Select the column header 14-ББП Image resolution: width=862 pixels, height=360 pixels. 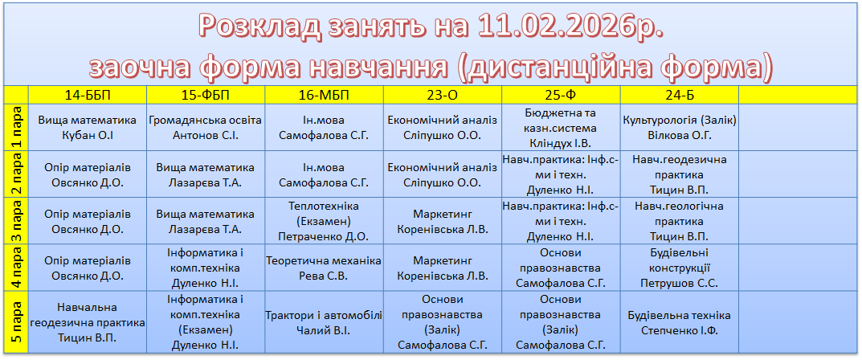[88, 95]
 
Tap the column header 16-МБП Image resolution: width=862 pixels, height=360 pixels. [324, 95]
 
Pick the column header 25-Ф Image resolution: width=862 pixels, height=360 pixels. [561, 95]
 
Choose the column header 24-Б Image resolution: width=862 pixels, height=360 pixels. [680, 95]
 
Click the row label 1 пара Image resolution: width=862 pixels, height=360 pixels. [17, 127]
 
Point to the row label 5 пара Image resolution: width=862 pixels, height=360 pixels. [17, 322]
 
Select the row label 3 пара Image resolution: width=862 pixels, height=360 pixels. [17, 221]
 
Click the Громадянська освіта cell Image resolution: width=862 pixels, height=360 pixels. [206, 127]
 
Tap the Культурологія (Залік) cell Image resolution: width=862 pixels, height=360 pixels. [680, 127]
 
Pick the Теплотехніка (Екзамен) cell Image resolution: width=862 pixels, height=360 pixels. [324, 221]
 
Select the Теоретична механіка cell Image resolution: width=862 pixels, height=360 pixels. [324, 268]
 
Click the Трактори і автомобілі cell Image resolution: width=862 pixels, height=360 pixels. [324, 322]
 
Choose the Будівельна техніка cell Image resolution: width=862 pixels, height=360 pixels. [680, 322]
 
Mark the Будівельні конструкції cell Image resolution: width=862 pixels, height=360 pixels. [680, 268]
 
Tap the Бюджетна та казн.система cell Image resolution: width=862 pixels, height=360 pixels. [561, 127]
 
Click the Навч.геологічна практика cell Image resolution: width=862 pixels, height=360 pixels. [680, 221]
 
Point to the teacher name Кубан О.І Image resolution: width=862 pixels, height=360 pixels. [88, 135]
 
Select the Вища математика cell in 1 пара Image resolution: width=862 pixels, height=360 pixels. [88, 127]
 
